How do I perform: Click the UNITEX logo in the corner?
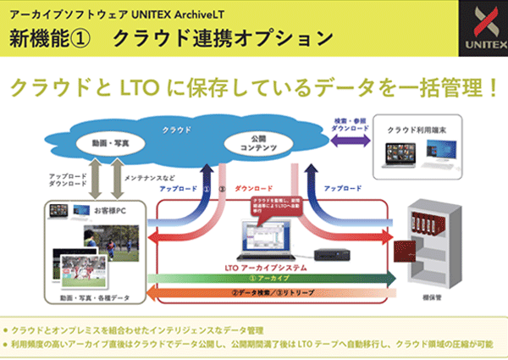pos(481,28)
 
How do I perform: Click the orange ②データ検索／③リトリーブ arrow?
pos(268,296)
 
